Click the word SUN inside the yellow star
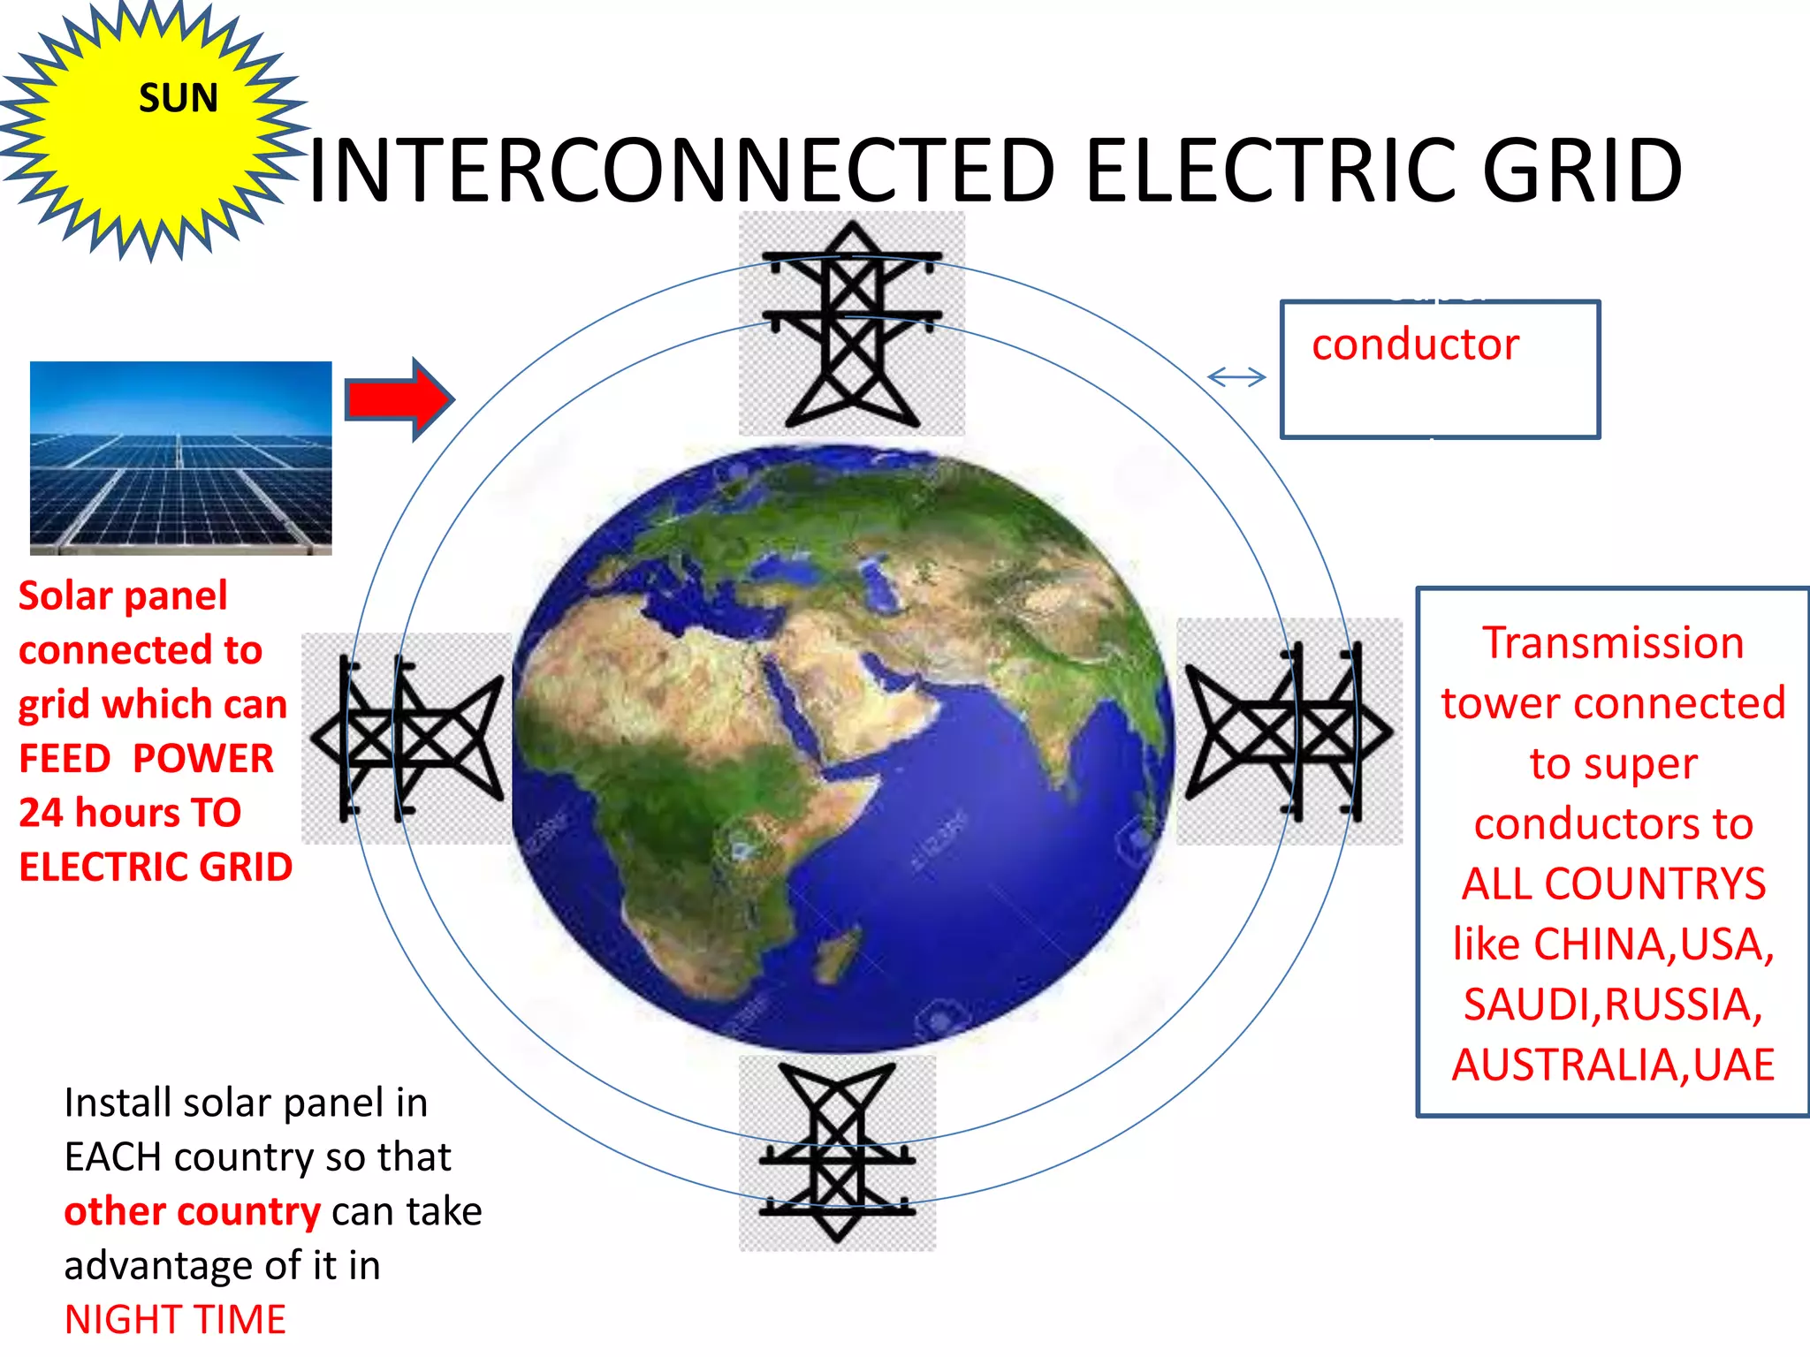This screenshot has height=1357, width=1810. point(178,98)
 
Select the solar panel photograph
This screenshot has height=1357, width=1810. point(181,458)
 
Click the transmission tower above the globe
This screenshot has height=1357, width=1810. point(851,325)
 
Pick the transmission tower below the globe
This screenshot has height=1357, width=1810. point(837,1154)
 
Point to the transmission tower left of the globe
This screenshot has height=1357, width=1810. point(407,738)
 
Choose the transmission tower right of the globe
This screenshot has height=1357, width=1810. point(1289,732)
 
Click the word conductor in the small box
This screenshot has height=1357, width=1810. point(1415,345)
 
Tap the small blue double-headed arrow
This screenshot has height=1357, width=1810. point(1236,377)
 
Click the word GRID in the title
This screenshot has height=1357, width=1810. point(1581,171)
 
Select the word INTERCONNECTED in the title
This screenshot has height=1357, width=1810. point(681,171)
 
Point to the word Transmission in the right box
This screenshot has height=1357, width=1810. point(1613,643)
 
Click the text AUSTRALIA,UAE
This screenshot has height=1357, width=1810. point(1613,1065)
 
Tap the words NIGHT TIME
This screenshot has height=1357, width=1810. point(175,1320)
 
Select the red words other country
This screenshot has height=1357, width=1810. point(192,1211)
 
